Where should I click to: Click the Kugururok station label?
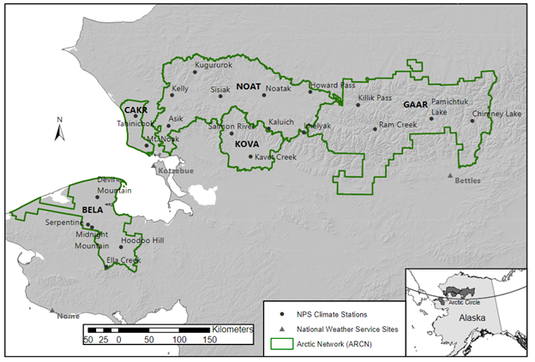[x=213, y=65]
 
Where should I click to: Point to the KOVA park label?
[x=247, y=145]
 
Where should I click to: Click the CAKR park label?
[x=136, y=110]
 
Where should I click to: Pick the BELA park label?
[x=92, y=208]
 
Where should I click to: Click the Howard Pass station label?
[x=332, y=86]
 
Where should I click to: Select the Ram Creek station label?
[x=398, y=125]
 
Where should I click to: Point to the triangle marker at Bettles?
[x=449, y=175]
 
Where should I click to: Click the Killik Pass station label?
[x=375, y=98]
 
